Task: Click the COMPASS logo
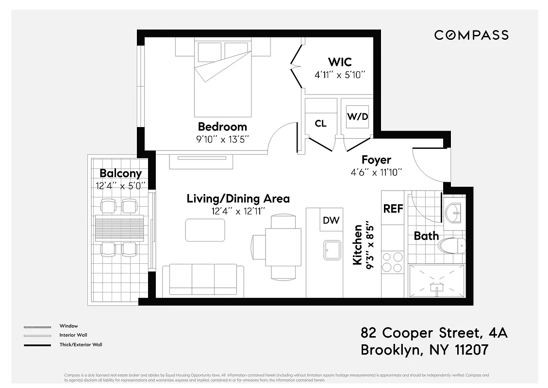(x=471, y=35)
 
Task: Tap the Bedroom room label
(x=222, y=127)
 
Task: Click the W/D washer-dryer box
(x=357, y=117)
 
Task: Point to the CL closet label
(x=320, y=124)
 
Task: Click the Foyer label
(x=376, y=160)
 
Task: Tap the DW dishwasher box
(x=331, y=221)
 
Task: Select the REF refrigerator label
(x=393, y=209)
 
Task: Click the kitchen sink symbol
(x=332, y=250)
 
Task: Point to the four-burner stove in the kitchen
(x=392, y=262)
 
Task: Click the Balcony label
(x=120, y=174)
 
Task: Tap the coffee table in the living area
(x=205, y=230)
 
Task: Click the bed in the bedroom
(x=223, y=78)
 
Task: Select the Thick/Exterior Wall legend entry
(x=81, y=345)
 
